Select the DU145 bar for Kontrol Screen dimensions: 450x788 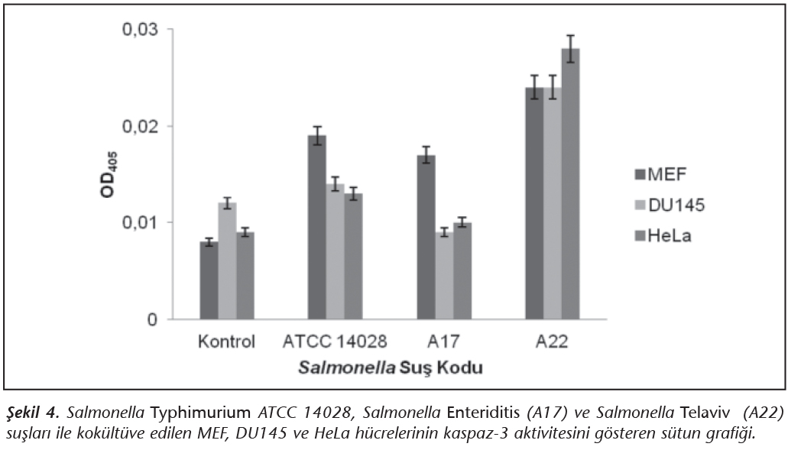point(227,261)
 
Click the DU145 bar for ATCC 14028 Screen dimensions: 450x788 point(336,251)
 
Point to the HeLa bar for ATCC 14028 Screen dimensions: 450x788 point(353,256)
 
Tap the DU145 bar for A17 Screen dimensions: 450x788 point(444,276)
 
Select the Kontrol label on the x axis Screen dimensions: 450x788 point(225,341)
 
